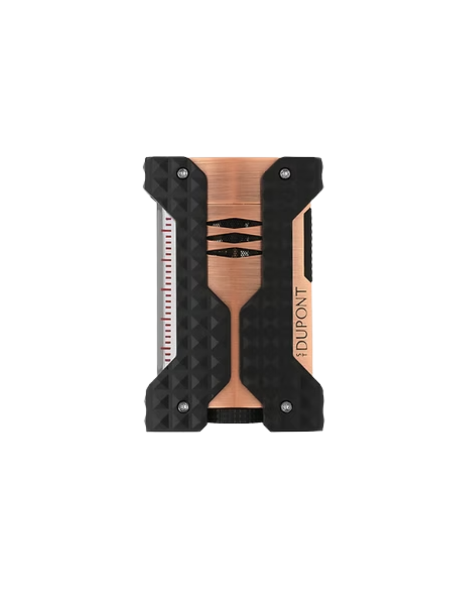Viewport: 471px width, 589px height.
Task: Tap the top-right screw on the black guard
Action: click(286, 173)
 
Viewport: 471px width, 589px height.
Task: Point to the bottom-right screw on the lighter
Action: click(287, 407)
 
